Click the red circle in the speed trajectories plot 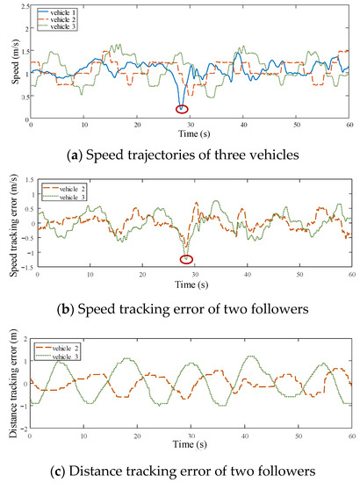pyautogui.click(x=182, y=109)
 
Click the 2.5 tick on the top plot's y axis pyautogui.click(x=23, y=5)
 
